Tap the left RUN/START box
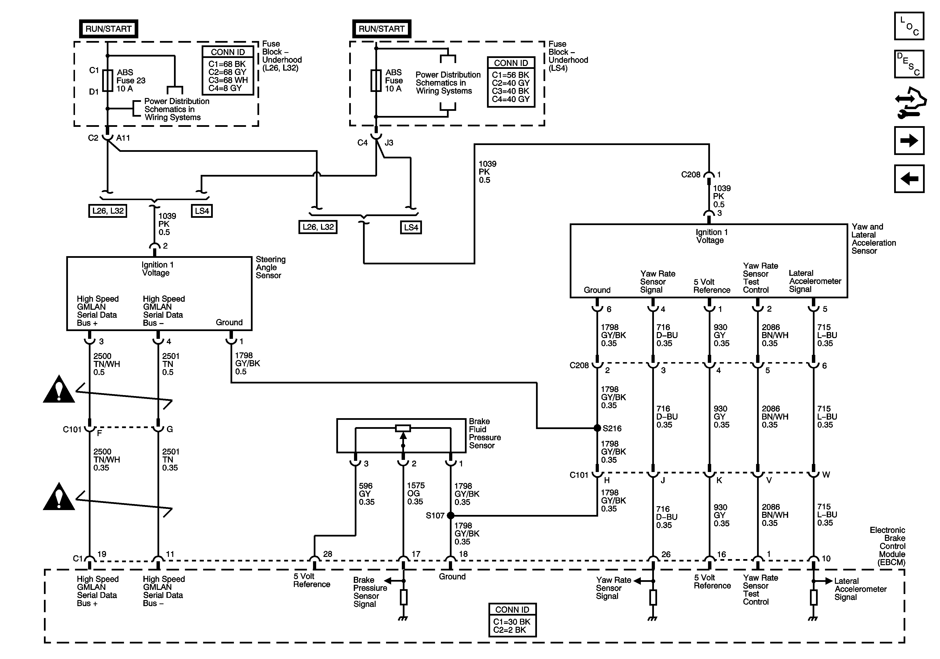(x=108, y=29)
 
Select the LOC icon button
(x=909, y=26)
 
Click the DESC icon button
(x=909, y=64)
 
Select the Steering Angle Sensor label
(x=270, y=267)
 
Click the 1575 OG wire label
(x=416, y=493)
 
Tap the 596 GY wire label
(x=366, y=494)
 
